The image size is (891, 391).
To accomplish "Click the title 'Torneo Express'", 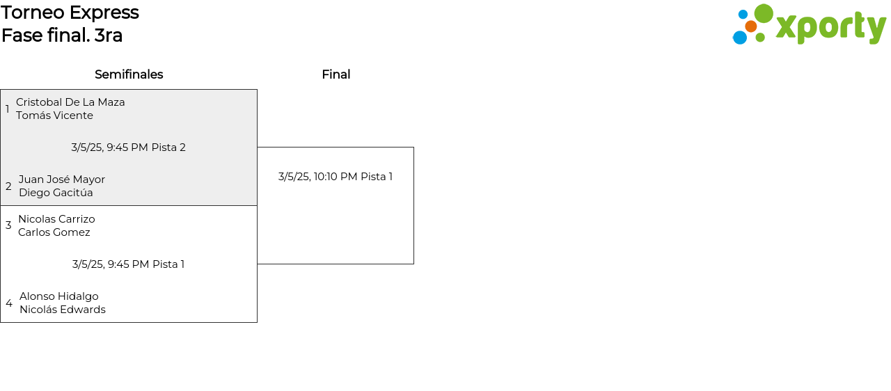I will click(70, 13).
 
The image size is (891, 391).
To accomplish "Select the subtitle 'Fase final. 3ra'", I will click(62, 35).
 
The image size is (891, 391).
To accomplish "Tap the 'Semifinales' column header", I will click(129, 74).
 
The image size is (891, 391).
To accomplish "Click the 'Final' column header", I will click(336, 74).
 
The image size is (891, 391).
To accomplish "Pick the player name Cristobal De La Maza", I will click(70, 102).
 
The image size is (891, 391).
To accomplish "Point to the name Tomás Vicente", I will click(54, 115).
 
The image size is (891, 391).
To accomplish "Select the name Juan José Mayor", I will click(62, 179).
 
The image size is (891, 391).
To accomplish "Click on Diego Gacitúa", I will click(56, 193).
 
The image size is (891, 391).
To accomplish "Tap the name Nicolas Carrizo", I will click(56, 219).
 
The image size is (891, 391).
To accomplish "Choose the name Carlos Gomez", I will click(54, 232).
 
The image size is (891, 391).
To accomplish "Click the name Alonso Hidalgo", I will click(59, 296).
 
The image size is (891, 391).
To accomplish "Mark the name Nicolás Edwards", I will click(63, 310).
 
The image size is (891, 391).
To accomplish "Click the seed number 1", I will click(8, 109).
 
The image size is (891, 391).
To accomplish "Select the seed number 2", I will click(8, 186).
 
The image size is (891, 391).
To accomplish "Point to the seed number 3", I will click(8, 225).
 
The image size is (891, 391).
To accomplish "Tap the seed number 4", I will click(9, 303).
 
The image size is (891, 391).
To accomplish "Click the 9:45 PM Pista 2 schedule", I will click(128, 147).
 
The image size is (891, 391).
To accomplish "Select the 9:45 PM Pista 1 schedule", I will click(128, 264).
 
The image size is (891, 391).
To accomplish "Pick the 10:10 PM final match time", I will click(336, 177).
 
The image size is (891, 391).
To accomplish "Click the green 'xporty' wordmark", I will click(830, 27).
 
